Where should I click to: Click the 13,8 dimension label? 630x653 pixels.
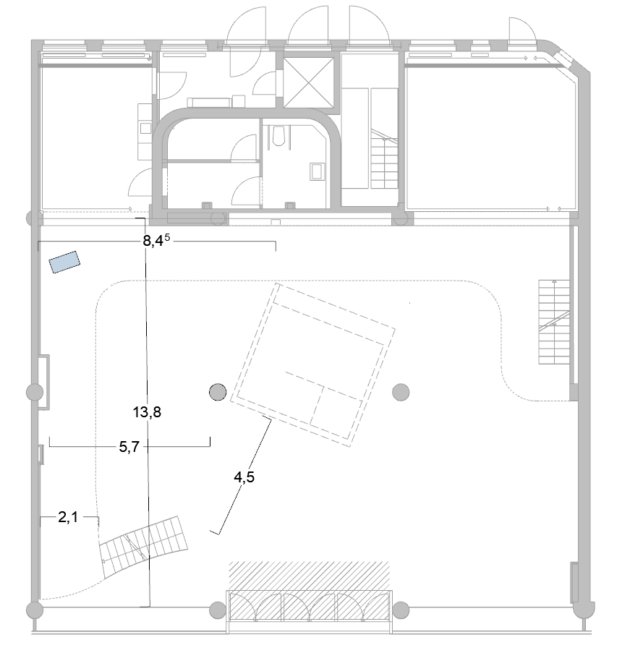coord(147,412)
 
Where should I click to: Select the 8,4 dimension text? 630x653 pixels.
coord(153,241)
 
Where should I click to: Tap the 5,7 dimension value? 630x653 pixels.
coord(129,447)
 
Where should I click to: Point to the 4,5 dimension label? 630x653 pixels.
coord(244,477)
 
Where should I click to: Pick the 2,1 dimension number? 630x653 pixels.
coord(68,517)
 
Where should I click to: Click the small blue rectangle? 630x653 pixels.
coord(64,262)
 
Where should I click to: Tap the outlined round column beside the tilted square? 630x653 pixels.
coord(218,392)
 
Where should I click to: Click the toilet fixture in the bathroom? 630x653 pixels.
coord(278,135)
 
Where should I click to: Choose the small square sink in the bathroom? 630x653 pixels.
coord(317,171)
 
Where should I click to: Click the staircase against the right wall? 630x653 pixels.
coord(554,322)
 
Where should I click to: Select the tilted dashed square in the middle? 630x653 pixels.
coord(313,364)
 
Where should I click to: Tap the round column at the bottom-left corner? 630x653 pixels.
coord(35,610)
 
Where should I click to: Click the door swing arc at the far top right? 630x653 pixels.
coord(522,29)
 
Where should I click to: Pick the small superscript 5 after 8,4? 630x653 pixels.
coord(167,237)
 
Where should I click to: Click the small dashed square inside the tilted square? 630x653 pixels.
coord(337,406)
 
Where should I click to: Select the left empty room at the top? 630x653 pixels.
coord(98,138)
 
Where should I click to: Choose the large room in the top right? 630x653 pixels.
coord(492,138)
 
